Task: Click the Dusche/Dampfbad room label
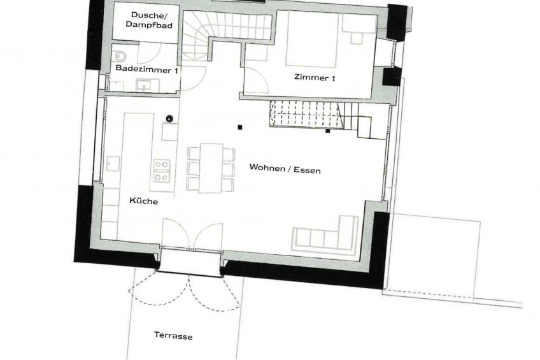point(149,20)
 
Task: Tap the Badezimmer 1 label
point(147,69)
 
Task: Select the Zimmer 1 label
point(315,78)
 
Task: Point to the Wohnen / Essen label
point(285,169)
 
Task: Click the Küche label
point(144,201)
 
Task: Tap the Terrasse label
point(173,335)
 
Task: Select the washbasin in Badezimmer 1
point(144,85)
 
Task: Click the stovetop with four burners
point(162,171)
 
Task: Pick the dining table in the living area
point(211,168)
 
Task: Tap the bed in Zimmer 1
point(311,39)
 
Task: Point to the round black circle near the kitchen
point(169,119)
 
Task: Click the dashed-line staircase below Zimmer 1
point(305,113)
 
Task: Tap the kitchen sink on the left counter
point(113,164)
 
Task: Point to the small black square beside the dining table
point(240,127)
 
